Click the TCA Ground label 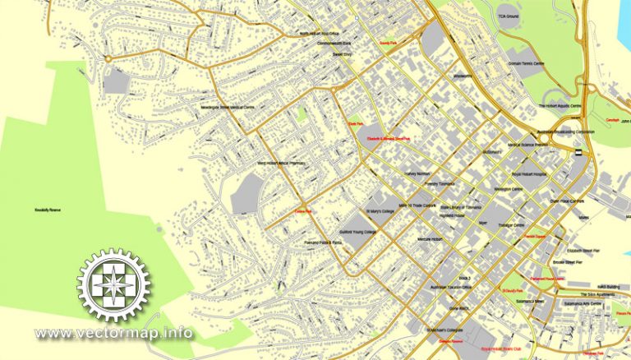pos(507,16)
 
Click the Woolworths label pos(465,76)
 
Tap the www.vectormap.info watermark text pos(114,334)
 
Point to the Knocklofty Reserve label pos(49,209)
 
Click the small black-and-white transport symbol pos(578,151)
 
